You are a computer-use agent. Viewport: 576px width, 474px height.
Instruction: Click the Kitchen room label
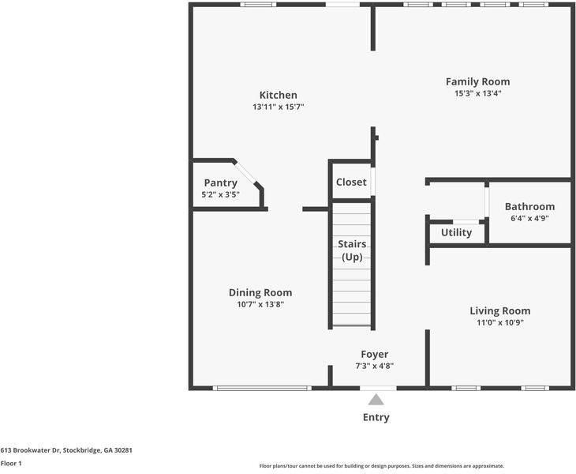[279, 95]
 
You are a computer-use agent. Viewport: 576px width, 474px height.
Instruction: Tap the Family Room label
[477, 81]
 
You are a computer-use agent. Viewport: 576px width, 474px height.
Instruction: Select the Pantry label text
[220, 182]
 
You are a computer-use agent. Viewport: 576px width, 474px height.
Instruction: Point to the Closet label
[351, 182]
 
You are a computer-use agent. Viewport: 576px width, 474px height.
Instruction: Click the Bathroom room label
[529, 207]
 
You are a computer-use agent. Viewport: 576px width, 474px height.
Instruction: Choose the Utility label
[456, 232]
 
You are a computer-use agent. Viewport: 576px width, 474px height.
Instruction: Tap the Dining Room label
[260, 292]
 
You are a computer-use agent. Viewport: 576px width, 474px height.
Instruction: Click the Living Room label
[499, 310]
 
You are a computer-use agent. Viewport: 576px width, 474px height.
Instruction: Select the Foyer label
[375, 354]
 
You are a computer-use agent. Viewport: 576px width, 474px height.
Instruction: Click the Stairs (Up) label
[351, 250]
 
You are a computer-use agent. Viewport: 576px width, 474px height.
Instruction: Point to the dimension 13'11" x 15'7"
[279, 107]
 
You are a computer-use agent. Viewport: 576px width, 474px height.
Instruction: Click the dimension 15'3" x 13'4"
[477, 93]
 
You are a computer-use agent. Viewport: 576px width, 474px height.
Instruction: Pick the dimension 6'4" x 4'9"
[529, 218]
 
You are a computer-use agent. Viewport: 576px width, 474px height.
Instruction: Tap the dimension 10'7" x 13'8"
[260, 303]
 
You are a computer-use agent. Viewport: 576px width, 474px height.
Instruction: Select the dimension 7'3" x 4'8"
[375, 366]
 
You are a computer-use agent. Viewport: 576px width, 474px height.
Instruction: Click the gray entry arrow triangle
[376, 400]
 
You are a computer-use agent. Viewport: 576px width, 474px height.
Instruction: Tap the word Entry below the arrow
[376, 417]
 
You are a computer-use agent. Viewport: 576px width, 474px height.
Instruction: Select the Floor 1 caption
[11, 463]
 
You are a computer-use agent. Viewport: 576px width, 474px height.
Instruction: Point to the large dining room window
[263, 388]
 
